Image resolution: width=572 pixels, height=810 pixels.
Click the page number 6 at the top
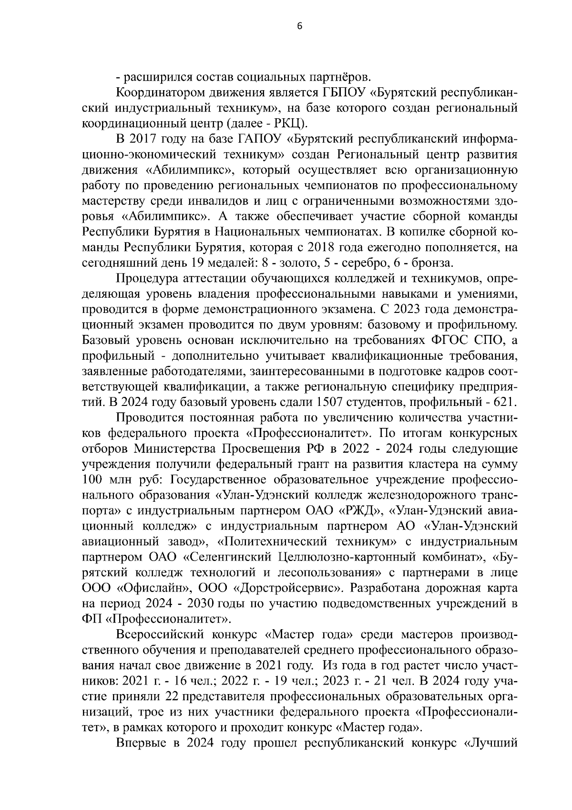tap(299, 27)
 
